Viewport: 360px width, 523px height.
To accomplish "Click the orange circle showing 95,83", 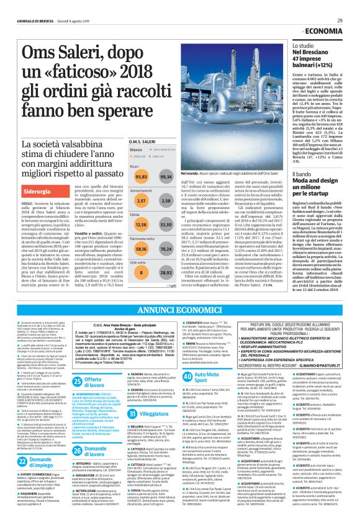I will point(142,177).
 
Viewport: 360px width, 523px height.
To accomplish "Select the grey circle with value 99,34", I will point(166,177).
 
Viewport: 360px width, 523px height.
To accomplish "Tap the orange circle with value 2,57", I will point(142,201).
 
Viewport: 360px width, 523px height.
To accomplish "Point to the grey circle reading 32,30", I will point(166,224).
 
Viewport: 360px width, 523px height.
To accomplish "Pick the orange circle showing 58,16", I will point(142,248).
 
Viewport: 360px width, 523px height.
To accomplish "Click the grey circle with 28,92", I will point(166,271).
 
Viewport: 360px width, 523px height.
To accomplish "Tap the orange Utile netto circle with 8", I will point(142,271).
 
